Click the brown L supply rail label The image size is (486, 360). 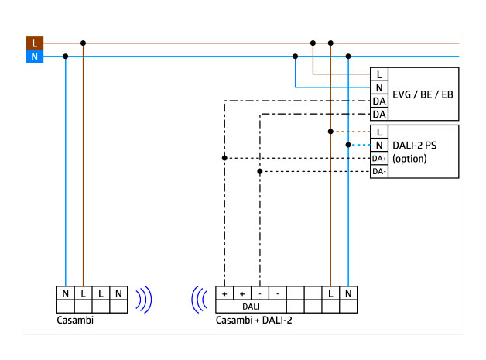click(34, 43)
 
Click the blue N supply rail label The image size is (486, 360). click(34, 57)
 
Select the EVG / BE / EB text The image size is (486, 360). click(422, 94)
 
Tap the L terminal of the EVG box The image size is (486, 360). click(379, 74)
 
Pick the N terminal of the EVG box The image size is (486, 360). click(379, 87)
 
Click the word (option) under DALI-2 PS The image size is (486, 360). click(409, 158)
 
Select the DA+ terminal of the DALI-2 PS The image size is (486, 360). click(379, 158)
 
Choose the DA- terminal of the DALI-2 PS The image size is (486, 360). click(379, 171)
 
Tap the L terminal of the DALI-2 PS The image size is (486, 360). click(379, 132)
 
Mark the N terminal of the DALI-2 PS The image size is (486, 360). click(379, 145)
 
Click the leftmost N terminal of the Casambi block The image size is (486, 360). click(66, 294)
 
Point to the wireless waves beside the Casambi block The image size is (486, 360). click(145, 300)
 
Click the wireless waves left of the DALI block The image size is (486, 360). click(199, 300)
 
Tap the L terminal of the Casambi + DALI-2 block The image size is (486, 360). click(331, 294)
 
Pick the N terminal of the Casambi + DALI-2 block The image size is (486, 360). click(349, 294)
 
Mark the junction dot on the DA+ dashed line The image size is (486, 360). click(224, 158)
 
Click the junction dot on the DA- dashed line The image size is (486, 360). click(260, 171)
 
